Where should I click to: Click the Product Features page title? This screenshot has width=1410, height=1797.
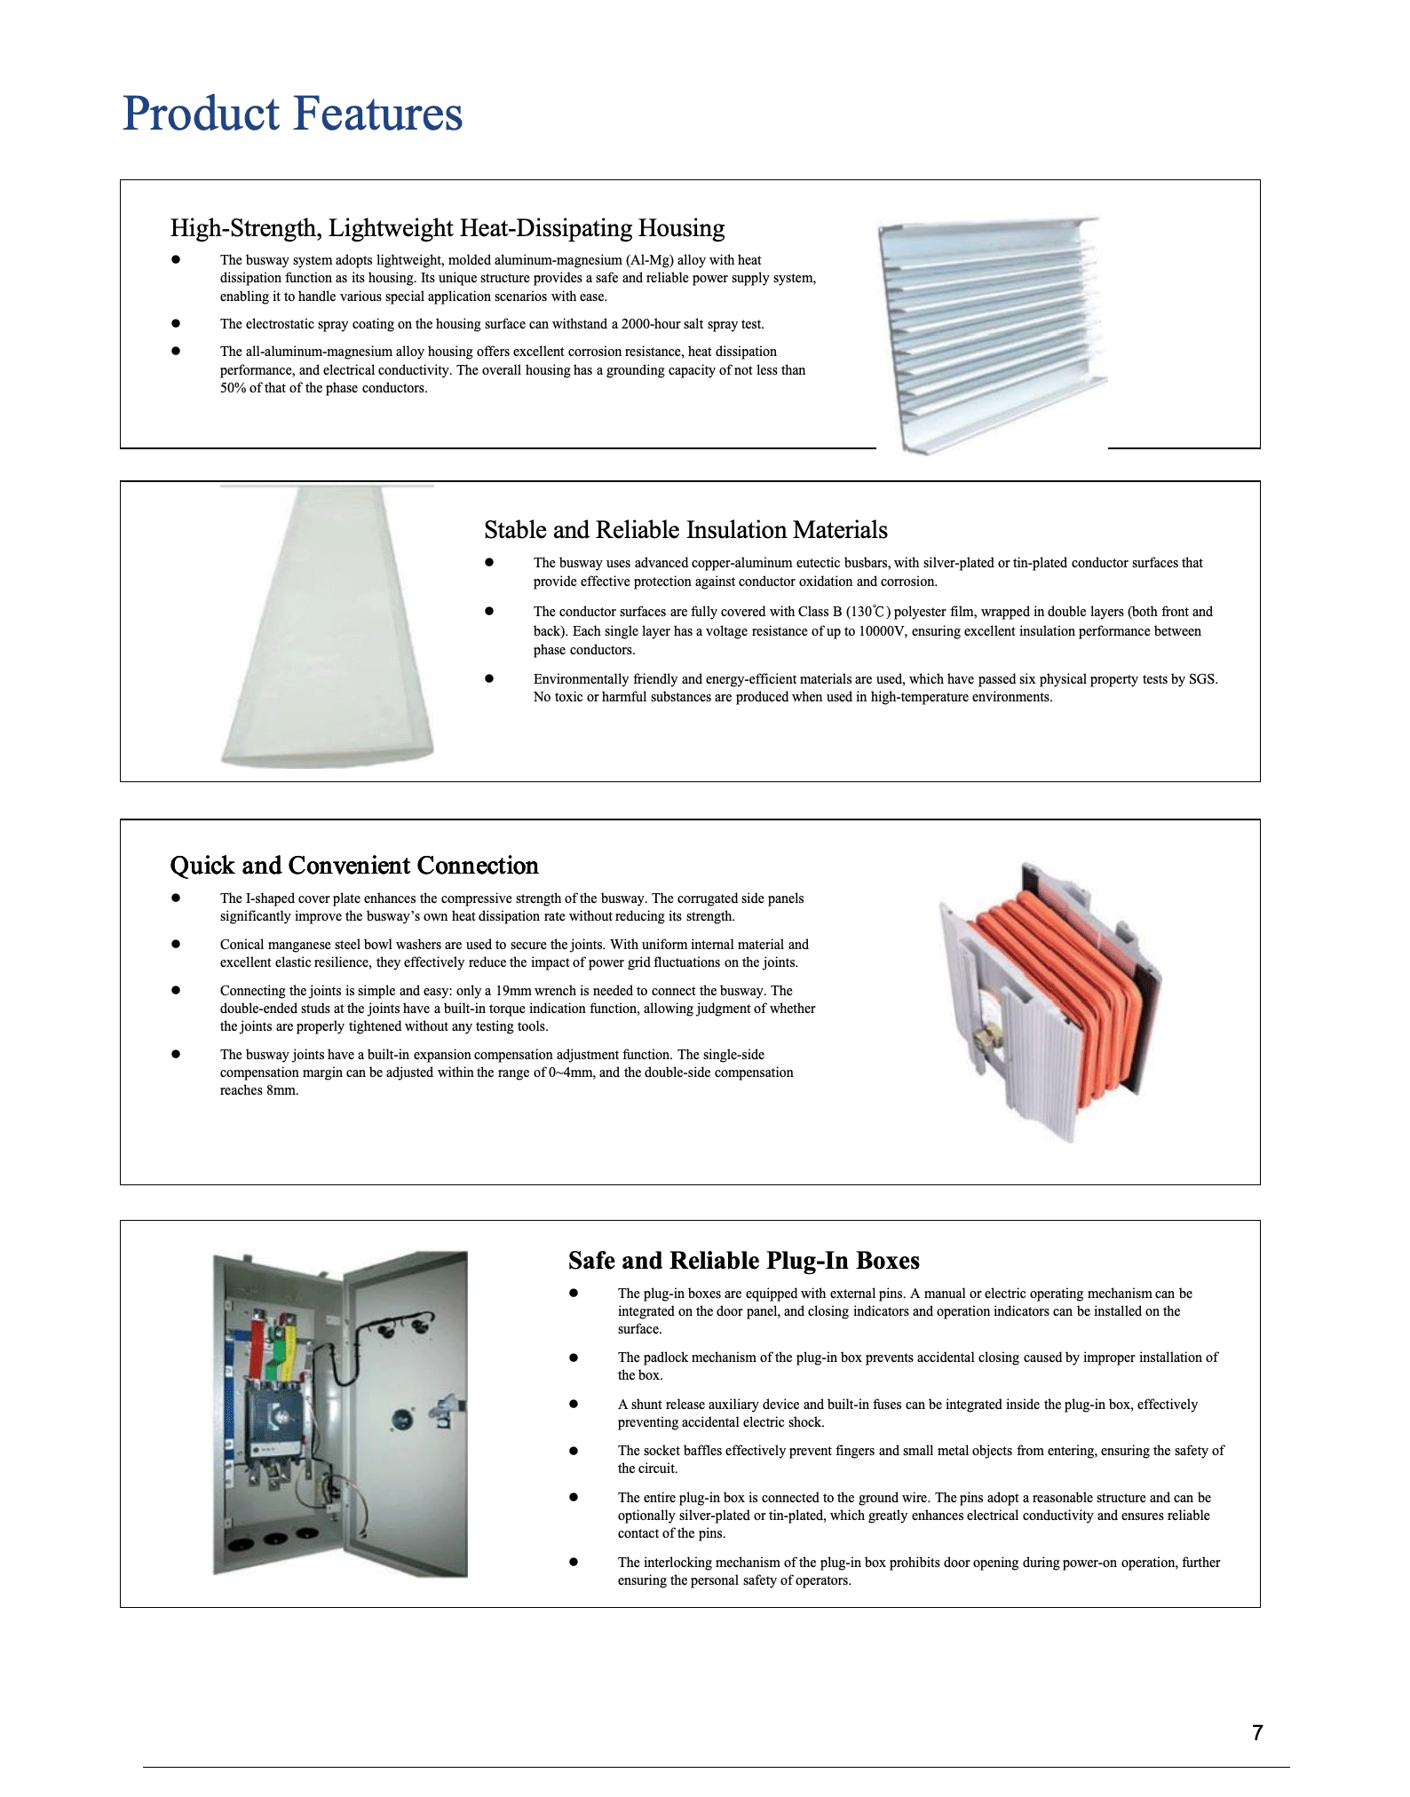[292, 114]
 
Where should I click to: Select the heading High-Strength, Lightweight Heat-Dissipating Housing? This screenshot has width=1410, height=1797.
[447, 228]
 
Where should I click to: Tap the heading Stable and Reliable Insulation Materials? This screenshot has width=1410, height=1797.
[685, 530]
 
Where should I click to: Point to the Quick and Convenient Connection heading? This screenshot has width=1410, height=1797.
[353, 866]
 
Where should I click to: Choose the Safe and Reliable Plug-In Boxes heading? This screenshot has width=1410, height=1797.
[743, 1261]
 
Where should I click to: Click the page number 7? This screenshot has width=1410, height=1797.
[1256, 1732]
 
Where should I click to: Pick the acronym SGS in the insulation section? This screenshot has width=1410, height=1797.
[1202, 679]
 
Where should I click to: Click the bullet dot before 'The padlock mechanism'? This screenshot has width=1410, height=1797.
[574, 1358]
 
